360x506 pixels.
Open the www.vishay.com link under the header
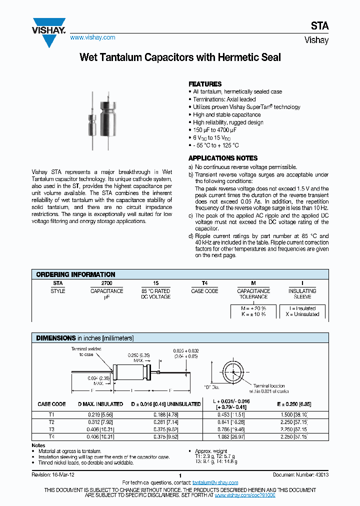(x=92, y=37)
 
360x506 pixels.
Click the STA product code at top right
(x=320, y=26)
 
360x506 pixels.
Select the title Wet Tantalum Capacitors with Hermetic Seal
(x=180, y=57)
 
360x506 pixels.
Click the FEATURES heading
(x=204, y=84)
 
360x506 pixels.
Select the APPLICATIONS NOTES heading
(x=223, y=158)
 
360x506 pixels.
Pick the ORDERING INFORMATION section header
(x=75, y=274)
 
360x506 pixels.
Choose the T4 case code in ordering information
(x=204, y=283)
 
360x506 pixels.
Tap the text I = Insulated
(x=302, y=308)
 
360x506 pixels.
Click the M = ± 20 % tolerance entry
(x=253, y=308)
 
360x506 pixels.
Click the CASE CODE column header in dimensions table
(x=51, y=404)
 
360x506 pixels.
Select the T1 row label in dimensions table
(x=51, y=415)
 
